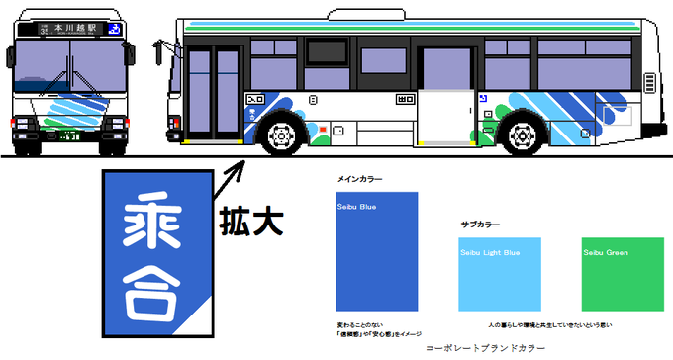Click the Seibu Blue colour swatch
click(x=376, y=251)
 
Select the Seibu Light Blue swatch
click(x=500, y=276)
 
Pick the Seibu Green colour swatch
click(x=621, y=276)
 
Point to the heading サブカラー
click(x=481, y=225)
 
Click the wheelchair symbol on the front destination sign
click(x=115, y=30)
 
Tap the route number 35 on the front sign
click(x=45, y=31)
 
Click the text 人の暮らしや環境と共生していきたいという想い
click(x=541, y=324)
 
